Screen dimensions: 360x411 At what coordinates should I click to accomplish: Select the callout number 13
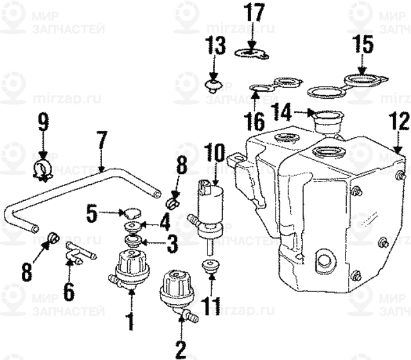click(216, 46)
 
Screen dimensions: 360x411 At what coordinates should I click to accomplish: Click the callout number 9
click(42, 122)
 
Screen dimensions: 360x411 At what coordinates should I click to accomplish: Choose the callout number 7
click(101, 139)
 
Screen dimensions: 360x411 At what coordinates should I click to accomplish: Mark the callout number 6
click(69, 291)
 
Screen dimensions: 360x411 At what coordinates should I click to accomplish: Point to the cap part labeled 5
click(132, 212)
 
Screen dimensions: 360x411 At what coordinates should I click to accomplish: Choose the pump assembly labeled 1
click(131, 268)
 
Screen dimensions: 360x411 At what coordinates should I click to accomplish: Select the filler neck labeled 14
click(328, 121)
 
